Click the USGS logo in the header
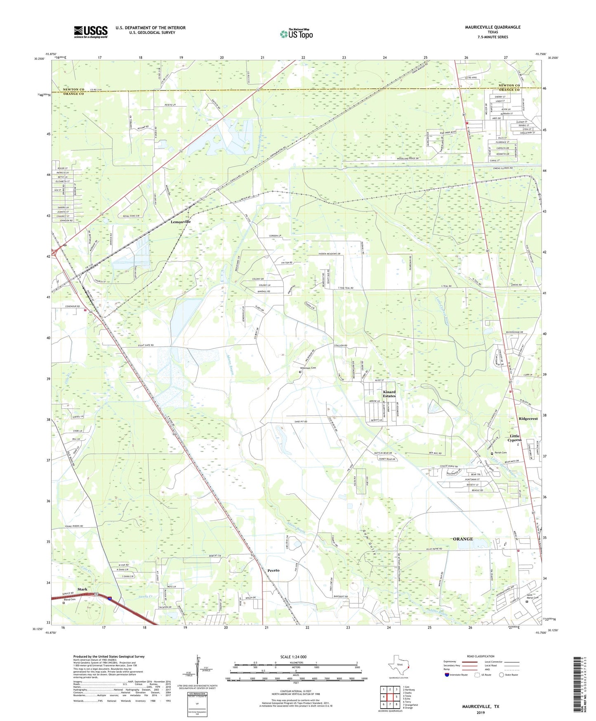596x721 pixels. (x=91, y=32)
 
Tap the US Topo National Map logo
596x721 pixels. (x=296, y=33)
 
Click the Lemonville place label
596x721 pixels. (x=181, y=222)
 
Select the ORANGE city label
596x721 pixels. (x=463, y=539)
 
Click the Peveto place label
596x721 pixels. (x=273, y=570)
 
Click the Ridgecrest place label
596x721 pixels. (x=528, y=418)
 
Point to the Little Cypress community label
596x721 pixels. (x=514, y=438)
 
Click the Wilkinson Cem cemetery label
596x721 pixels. (x=308, y=368)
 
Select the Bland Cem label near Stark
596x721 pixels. (x=70, y=599)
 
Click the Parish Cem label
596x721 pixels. (x=501, y=453)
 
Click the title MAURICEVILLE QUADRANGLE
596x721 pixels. (x=492, y=27)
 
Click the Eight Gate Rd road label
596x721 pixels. (x=144, y=345)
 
